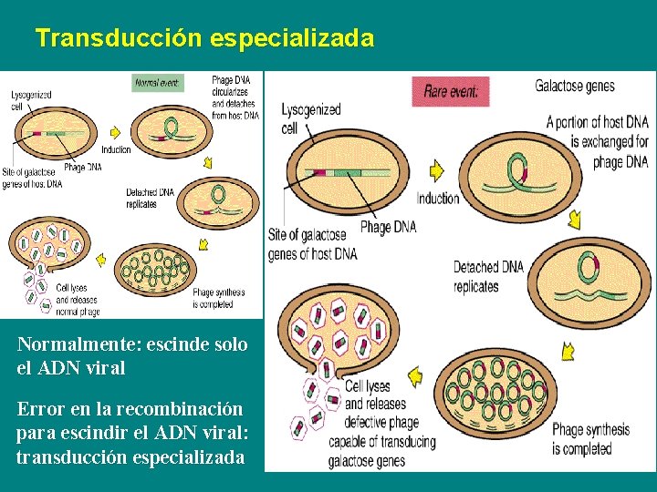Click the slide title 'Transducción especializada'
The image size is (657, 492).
click(x=204, y=38)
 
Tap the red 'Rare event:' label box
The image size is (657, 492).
click(x=456, y=91)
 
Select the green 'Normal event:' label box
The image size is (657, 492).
click(x=158, y=82)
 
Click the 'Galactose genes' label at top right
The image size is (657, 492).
click(x=575, y=87)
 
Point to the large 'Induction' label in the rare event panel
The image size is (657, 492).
click(x=438, y=199)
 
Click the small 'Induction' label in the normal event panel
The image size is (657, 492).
click(x=116, y=149)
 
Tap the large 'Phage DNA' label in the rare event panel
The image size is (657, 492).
click(x=388, y=227)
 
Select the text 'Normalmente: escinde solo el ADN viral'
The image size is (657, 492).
click(x=132, y=356)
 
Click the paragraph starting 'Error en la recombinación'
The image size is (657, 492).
click(x=130, y=434)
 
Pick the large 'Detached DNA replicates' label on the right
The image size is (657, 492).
click(x=488, y=276)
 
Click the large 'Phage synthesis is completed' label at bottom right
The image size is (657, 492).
click(x=590, y=439)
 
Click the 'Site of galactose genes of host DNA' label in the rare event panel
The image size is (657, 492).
click(x=313, y=244)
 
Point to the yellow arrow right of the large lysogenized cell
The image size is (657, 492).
click(x=436, y=169)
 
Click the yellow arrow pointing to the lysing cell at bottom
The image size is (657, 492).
click(x=415, y=374)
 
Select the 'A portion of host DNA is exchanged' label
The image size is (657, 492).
click(x=597, y=141)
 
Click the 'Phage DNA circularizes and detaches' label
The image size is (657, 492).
click(x=235, y=97)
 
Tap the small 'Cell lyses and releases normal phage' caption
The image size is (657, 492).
click(x=78, y=299)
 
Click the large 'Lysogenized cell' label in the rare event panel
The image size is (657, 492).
click(x=311, y=118)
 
